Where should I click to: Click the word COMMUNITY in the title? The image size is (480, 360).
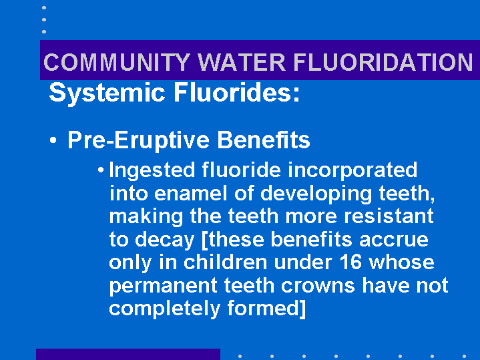(117, 62)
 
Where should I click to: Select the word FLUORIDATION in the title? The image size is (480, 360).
(383, 62)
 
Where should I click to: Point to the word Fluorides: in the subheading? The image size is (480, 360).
(237, 93)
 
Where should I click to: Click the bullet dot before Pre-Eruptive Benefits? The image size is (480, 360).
(53, 140)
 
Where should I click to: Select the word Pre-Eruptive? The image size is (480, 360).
(138, 141)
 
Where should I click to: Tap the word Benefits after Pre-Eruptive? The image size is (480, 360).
(264, 140)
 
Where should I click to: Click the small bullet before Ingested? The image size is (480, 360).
(101, 170)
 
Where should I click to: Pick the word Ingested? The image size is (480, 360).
(152, 171)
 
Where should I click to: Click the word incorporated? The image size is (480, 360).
(352, 171)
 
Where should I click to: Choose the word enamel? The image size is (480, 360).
(191, 193)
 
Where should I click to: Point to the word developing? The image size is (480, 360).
(316, 194)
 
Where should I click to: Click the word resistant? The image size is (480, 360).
(389, 216)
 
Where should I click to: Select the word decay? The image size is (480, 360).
(165, 240)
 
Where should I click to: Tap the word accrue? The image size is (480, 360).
(394, 240)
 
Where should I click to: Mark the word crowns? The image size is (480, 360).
(318, 287)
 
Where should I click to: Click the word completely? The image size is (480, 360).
(165, 309)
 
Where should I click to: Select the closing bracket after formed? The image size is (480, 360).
(302, 309)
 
